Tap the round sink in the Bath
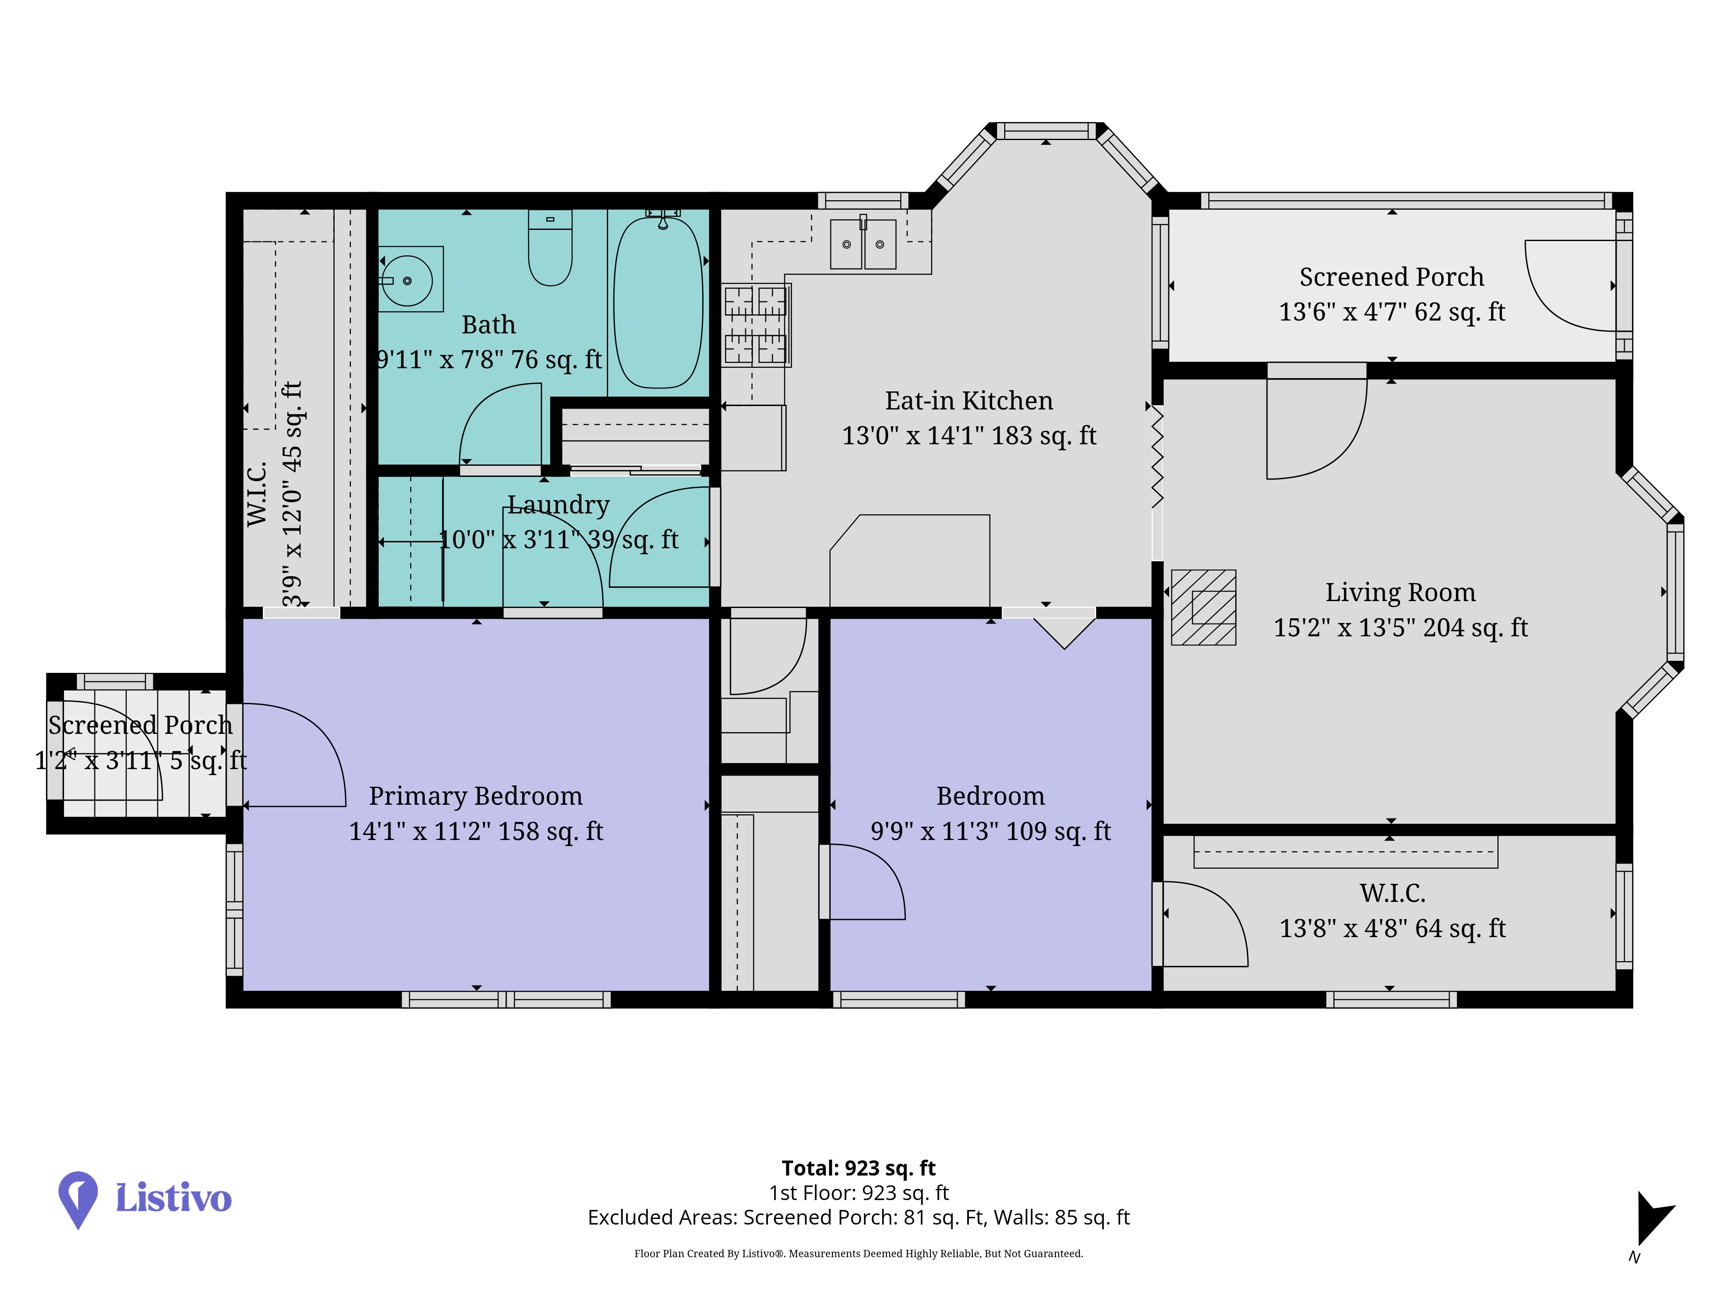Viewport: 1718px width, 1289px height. [407, 280]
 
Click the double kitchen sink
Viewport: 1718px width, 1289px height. [863, 243]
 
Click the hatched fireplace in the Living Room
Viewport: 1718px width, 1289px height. [1203, 608]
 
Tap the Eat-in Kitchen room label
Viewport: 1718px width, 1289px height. [969, 401]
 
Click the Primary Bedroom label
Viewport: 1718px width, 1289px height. [475, 797]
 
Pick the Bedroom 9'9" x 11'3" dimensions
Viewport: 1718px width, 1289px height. [990, 831]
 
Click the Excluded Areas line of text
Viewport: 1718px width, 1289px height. [858, 1218]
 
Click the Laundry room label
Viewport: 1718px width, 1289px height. [558, 505]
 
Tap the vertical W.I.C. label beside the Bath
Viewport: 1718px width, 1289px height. [257, 494]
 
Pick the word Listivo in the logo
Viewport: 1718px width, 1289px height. [173, 1198]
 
